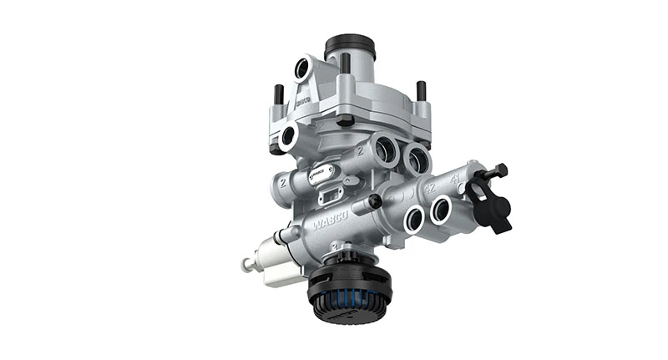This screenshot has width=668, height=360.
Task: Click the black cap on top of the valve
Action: (x=349, y=46)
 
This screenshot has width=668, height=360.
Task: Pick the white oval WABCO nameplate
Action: (x=320, y=175)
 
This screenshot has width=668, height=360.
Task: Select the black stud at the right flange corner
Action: (x=421, y=90)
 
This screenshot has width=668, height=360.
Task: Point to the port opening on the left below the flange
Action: (x=289, y=136)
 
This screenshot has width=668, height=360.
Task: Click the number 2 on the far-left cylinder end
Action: (x=285, y=180)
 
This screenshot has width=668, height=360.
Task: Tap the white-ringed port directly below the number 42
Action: (x=413, y=219)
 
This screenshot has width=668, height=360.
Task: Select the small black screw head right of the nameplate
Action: (x=375, y=201)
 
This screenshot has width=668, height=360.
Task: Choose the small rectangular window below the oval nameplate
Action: (x=331, y=197)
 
